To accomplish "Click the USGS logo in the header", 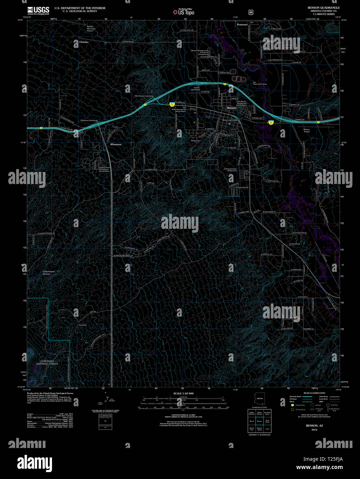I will pyautogui.click(x=38, y=10).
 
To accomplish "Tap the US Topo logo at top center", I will pyautogui.click(x=184, y=12).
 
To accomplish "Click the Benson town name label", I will pyautogui.click(x=232, y=108).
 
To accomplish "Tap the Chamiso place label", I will pyautogui.click(x=84, y=42).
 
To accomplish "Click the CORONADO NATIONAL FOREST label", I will pyautogui.click(x=48, y=362).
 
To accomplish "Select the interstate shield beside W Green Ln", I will pyautogui.click(x=171, y=103).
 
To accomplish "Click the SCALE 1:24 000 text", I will pyautogui.click(x=183, y=393).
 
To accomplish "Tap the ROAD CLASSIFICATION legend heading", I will pyautogui.click(x=314, y=393).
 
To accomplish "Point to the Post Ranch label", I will pyautogui.click(x=82, y=325).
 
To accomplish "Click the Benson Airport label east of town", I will pyautogui.click(x=306, y=130).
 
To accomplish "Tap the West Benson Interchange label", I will pyautogui.click(x=144, y=96).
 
